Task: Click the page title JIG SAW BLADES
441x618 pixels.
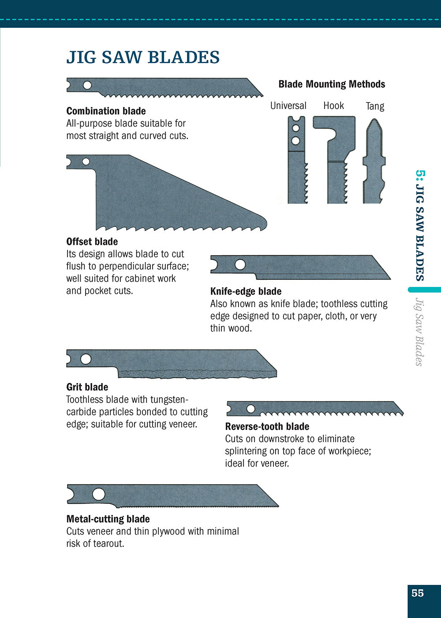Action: point(143,57)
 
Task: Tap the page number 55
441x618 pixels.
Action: point(418,593)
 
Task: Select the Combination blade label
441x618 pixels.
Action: point(106,111)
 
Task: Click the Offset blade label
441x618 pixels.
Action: point(92,242)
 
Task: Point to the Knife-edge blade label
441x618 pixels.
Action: point(246,291)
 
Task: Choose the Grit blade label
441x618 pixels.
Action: point(87,387)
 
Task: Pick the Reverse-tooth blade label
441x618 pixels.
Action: point(267,426)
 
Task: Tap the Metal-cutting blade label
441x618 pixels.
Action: point(108,519)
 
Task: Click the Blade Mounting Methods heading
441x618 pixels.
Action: point(332,84)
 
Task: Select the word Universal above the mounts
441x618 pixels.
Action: point(288,106)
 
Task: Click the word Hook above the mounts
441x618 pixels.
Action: point(333,106)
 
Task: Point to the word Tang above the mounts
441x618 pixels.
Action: point(375,106)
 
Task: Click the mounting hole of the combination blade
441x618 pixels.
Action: point(87,85)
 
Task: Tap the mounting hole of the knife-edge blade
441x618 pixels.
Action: point(240,264)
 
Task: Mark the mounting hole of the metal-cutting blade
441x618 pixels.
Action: point(98,494)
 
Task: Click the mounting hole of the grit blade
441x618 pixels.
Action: point(86,359)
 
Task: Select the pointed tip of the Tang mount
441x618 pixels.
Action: point(374,121)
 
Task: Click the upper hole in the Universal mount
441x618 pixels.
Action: point(296,128)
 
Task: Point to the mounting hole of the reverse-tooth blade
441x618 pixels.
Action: point(250,409)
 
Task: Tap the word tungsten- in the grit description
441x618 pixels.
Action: point(169,399)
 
